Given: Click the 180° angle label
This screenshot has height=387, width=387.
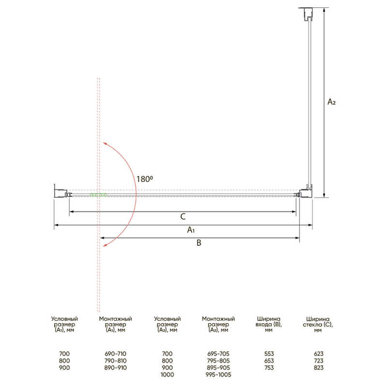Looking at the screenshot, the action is (x=145, y=179).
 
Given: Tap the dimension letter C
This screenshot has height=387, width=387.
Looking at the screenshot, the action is (x=183, y=217).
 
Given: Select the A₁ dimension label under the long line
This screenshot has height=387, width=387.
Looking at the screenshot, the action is (x=191, y=230).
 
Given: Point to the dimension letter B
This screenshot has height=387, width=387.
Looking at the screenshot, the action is (x=199, y=243).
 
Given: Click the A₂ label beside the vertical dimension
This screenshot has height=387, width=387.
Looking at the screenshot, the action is (x=331, y=102).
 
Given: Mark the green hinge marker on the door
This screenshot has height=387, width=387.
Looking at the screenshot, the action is (x=98, y=195).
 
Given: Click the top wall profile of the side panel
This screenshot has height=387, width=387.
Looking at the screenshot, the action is (x=307, y=14).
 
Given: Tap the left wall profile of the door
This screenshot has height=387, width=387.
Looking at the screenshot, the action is (x=61, y=193).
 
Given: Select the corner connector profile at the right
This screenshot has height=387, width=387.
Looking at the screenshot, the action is (x=306, y=192).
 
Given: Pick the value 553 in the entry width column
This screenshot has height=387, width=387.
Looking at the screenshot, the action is (x=269, y=354).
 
